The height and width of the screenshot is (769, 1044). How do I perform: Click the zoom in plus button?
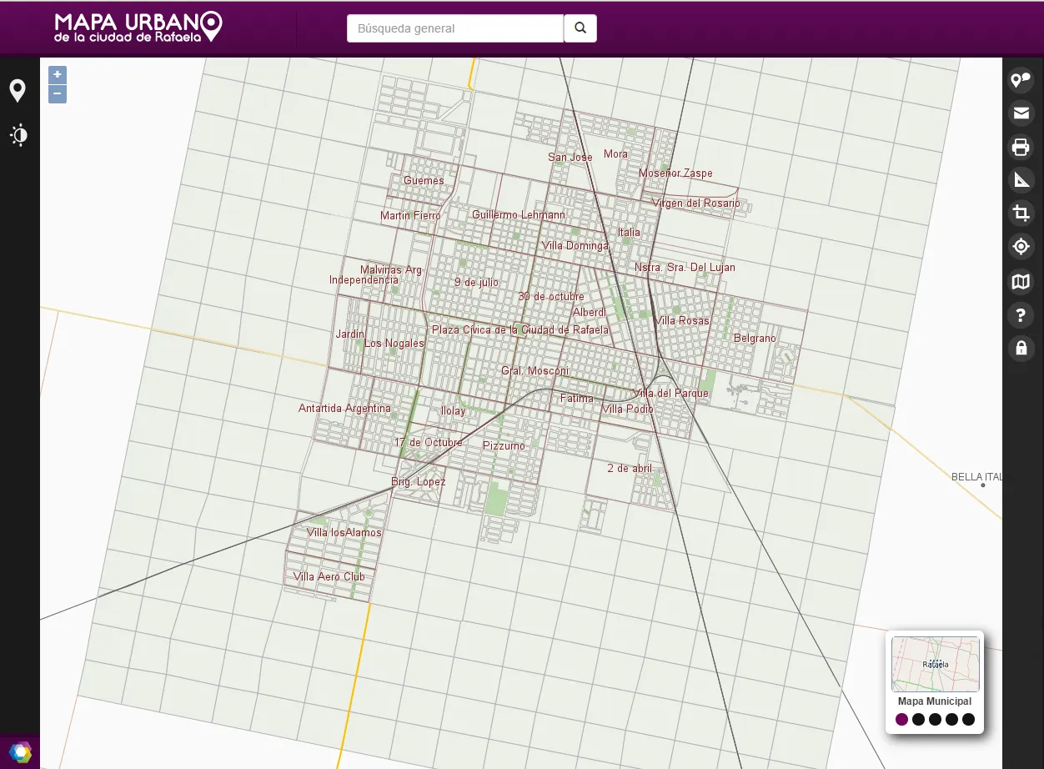[x=58, y=74]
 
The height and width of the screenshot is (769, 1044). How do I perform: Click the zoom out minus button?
[x=58, y=94]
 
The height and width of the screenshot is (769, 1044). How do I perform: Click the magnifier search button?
[x=580, y=28]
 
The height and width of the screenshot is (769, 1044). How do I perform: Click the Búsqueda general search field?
[x=455, y=28]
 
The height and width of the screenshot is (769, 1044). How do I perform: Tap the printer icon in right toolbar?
[x=1021, y=148]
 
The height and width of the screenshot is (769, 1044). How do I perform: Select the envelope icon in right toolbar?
[x=1021, y=113]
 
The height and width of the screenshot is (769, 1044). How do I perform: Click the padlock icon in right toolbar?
[x=1021, y=348]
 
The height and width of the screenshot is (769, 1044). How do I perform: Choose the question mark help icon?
[x=1021, y=315]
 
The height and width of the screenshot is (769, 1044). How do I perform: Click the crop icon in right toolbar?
[x=1021, y=214]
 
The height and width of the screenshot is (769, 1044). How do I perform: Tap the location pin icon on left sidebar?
[x=18, y=91]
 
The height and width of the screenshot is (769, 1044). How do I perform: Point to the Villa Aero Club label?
[x=329, y=576]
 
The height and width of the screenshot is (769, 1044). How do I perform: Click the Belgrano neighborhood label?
[x=755, y=338]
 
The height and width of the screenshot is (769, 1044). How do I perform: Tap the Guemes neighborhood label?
[x=424, y=180]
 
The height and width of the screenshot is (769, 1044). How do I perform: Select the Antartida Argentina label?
[x=344, y=409]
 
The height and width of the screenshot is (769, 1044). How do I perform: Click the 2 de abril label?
[x=630, y=468]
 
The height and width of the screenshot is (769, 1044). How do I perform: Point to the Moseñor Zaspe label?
[x=675, y=173]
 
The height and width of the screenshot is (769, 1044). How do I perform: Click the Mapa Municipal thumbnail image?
[x=935, y=664]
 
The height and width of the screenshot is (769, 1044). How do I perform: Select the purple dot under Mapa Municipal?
[x=901, y=720]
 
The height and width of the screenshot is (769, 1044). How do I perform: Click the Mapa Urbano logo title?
[x=138, y=28]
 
